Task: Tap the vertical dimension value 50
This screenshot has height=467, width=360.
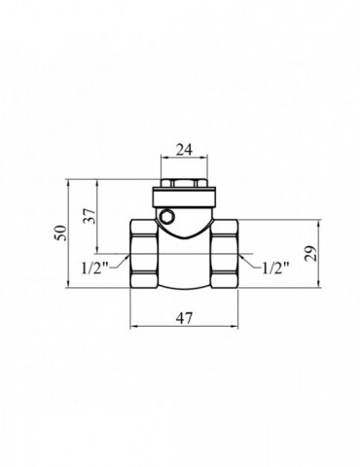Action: (x=60, y=234)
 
